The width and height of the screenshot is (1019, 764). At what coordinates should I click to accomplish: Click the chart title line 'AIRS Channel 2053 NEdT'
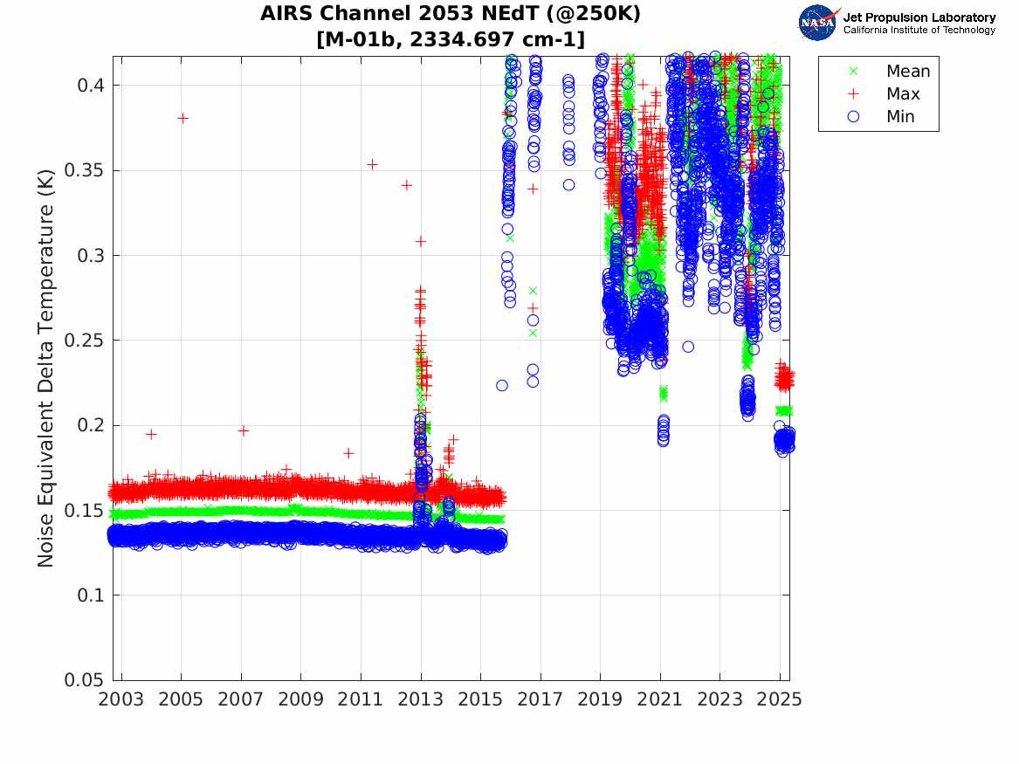point(450,15)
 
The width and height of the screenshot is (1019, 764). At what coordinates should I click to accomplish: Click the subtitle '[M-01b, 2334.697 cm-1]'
point(450,39)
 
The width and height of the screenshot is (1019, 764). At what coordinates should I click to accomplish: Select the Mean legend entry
point(908,72)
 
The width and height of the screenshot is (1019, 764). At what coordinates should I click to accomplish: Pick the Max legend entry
point(903,94)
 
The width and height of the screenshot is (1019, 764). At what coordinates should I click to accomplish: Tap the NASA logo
point(819,23)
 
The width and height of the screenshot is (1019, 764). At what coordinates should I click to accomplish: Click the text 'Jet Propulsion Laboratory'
point(919,17)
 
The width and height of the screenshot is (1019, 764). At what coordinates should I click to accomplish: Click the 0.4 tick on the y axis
point(89,86)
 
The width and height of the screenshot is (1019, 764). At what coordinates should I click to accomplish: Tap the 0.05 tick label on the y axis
point(85,680)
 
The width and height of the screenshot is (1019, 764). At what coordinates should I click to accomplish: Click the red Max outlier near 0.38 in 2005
point(182,118)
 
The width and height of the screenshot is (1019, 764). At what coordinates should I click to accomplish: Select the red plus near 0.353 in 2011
point(372,164)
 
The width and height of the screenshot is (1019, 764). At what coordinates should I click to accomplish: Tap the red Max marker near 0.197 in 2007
point(243,430)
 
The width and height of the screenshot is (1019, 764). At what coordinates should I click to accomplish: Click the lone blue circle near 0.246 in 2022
point(688,347)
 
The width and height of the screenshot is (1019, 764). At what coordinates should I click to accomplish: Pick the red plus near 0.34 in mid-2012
point(406,185)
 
